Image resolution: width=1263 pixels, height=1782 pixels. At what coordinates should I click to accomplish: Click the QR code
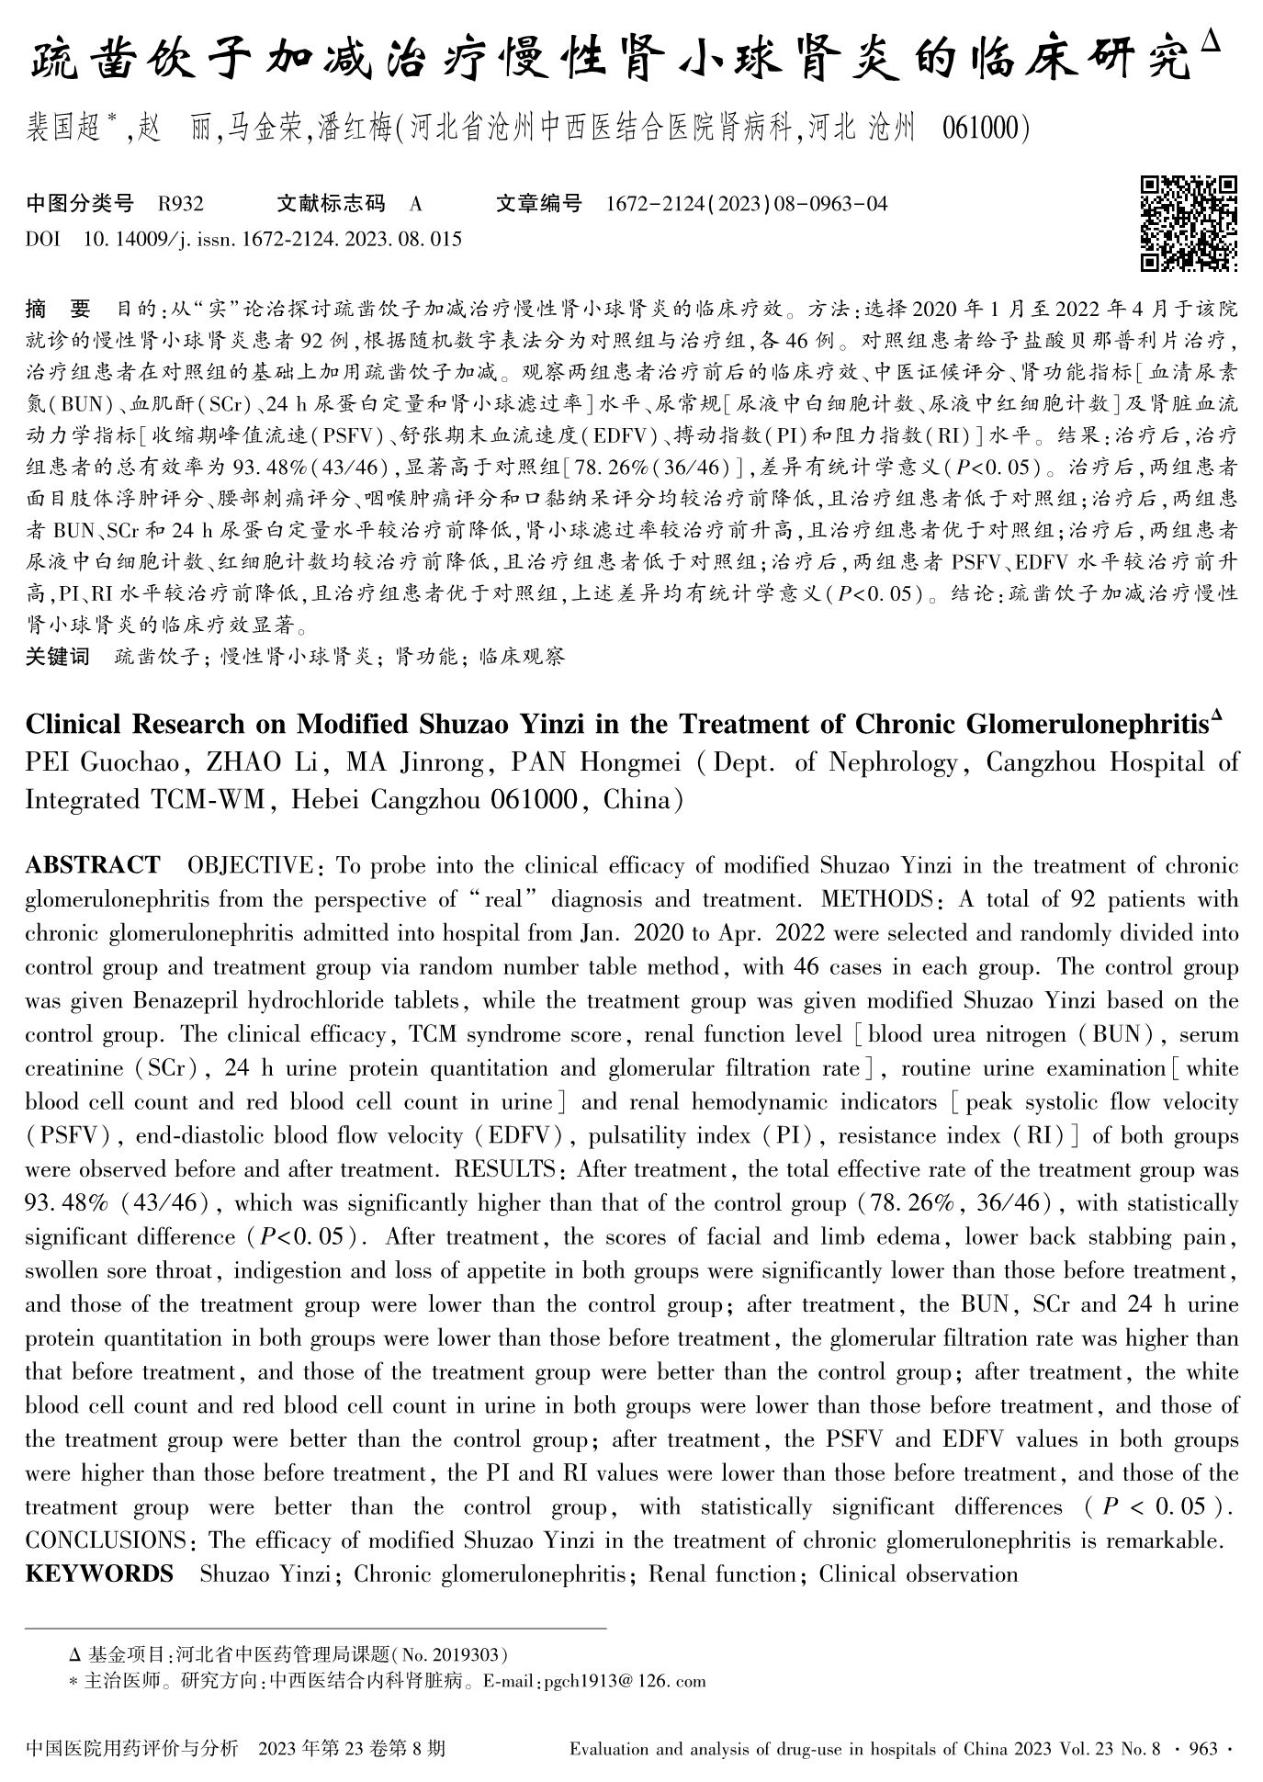[1189, 223]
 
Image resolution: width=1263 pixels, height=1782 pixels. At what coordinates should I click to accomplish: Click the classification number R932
[180, 203]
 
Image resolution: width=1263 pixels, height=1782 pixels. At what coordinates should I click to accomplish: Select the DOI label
[42, 240]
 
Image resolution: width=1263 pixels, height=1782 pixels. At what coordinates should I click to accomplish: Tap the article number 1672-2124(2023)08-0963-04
[747, 203]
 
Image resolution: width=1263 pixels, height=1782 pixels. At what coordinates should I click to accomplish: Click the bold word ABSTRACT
[92, 866]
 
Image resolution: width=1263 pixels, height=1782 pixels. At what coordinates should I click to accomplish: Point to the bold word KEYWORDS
[99, 1574]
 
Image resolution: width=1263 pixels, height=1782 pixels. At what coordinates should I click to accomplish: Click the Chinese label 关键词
[57, 656]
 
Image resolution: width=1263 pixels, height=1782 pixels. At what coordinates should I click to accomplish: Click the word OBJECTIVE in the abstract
[250, 866]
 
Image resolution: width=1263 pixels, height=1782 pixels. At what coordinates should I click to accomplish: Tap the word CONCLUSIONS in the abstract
[106, 1540]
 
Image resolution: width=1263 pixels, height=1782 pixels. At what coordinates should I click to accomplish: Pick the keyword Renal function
[722, 1574]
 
